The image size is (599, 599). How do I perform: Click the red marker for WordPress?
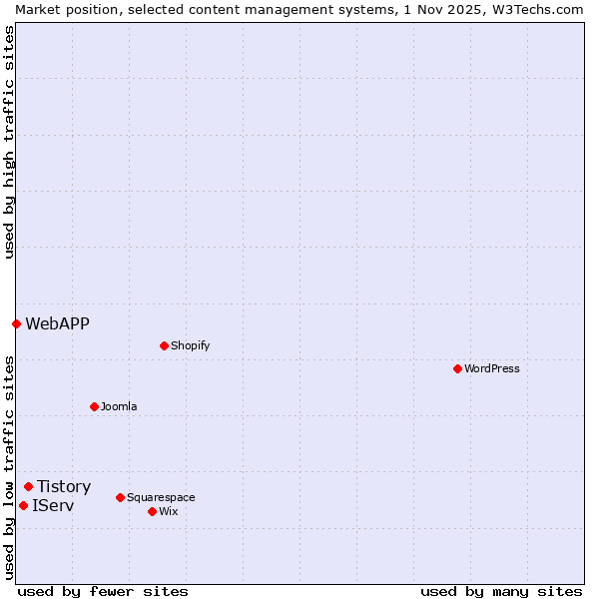pos(457,368)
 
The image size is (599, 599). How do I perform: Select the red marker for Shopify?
pos(164,345)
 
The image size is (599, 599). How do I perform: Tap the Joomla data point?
pos(94,406)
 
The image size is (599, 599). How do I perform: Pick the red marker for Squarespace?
pos(120,497)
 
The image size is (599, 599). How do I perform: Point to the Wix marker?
pos(152,511)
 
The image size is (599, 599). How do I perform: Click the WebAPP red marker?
pos(16,323)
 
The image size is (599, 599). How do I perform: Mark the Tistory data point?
pos(28,486)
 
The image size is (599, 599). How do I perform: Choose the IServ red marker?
pos(23,505)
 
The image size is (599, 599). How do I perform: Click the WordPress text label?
pos(492,368)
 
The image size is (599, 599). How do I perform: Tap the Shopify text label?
pos(190,345)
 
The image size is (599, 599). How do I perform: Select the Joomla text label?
pos(119,406)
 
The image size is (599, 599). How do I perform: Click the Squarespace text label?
pos(161,497)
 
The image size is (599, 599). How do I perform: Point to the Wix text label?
pos(168,511)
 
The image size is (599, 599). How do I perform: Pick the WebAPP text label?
pos(57,323)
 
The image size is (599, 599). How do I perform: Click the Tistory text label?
pos(64,486)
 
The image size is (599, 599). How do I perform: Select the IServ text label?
pos(53,505)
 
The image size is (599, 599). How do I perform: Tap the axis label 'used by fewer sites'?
pos(103,591)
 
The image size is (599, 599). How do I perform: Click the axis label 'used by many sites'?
pos(501,591)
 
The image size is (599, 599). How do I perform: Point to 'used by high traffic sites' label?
pos(9,142)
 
